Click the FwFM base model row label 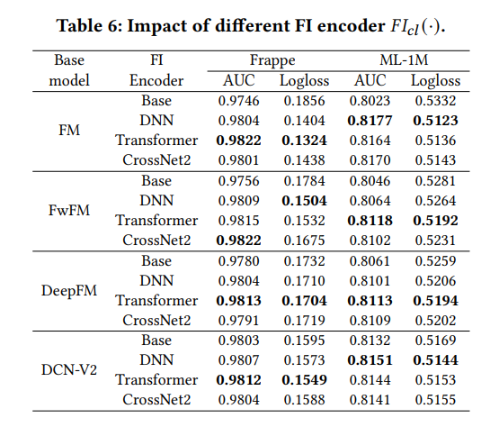pyautogui.click(x=69, y=211)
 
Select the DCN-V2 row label pyautogui.click(x=69, y=370)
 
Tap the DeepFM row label pyautogui.click(x=69, y=290)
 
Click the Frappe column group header pyautogui.click(x=272, y=60)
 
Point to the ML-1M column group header pyautogui.click(x=404, y=60)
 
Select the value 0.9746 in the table pyautogui.click(x=238, y=101)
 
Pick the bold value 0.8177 pyautogui.click(x=370, y=121)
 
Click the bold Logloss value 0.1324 pyautogui.click(x=304, y=141)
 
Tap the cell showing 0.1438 pyautogui.click(x=304, y=160)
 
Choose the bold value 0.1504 pyautogui.click(x=304, y=201)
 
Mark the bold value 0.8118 pyautogui.click(x=370, y=221)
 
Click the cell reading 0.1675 pyautogui.click(x=304, y=241)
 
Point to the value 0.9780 pyautogui.click(x=238, y=261)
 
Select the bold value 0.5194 pyautogui.click(x=435, y=301)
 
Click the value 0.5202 pyautogui.click(x=435, y=321)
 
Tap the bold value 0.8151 pyautogui.click(x=370, y=360)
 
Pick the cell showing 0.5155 pyautogui.click(x=435, y=400)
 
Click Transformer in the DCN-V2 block pyautogui.click(x=156, y=380)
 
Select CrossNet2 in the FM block pyautogui.click(x=156, y=160)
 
